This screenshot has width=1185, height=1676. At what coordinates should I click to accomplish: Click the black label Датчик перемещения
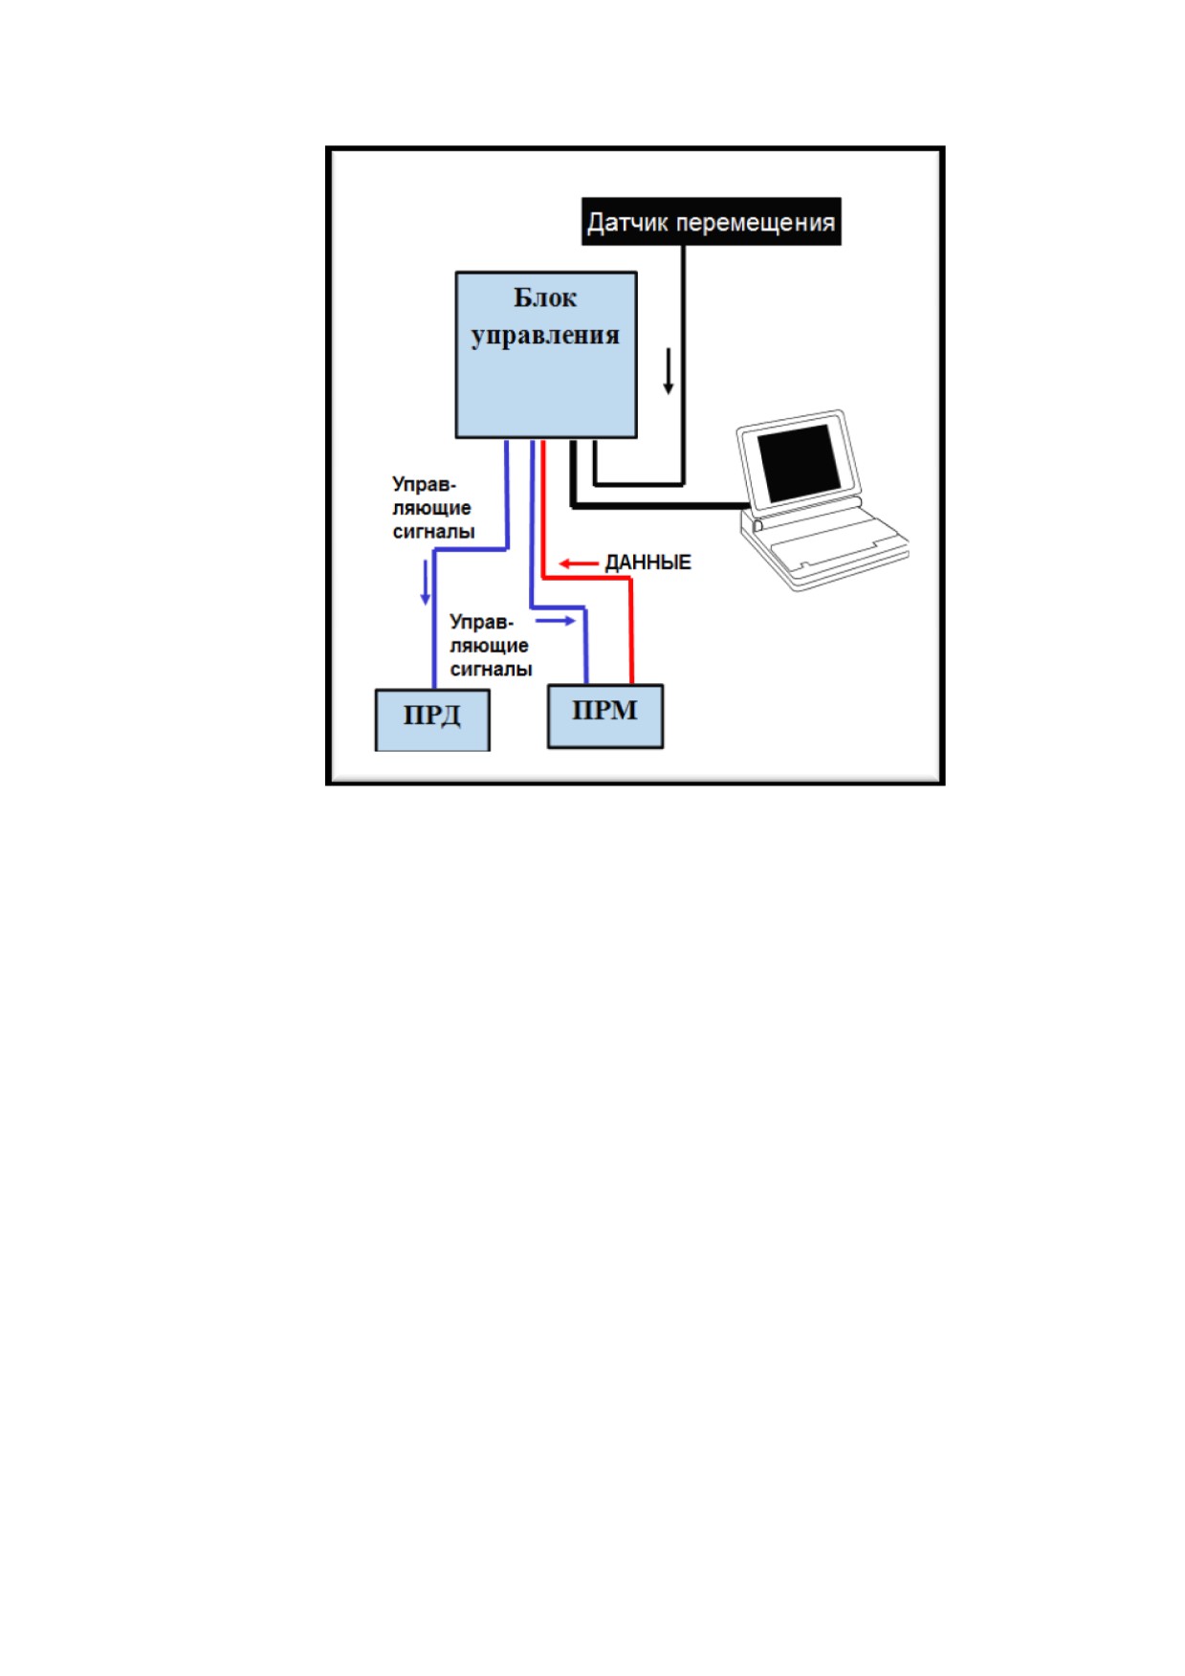coord(712,222)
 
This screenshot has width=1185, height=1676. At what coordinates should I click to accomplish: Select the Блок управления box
coord(546,355)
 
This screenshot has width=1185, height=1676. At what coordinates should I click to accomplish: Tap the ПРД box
coord(432,719)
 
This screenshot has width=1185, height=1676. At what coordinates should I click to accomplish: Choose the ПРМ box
coord(605,716)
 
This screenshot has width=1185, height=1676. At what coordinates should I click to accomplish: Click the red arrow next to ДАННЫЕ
coord(579,563)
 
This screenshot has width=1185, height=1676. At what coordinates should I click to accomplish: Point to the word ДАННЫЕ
coord(647,562)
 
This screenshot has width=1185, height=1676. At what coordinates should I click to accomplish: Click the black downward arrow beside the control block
coord(669,372)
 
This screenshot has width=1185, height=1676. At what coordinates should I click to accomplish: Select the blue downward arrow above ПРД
coord(426,584)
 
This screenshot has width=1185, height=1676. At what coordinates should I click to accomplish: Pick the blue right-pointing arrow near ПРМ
coord(556,621)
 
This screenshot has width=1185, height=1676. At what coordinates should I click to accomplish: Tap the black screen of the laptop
coord(799,463)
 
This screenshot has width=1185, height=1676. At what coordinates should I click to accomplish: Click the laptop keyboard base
coord(824,549)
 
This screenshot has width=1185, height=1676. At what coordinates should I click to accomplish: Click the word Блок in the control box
coord(545,298)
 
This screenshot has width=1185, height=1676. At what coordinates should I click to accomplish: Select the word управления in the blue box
coord(545,336)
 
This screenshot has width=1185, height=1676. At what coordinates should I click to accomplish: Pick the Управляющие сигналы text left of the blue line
coord(433,508)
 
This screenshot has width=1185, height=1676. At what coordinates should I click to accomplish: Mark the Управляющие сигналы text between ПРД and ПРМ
coord(491,646)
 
